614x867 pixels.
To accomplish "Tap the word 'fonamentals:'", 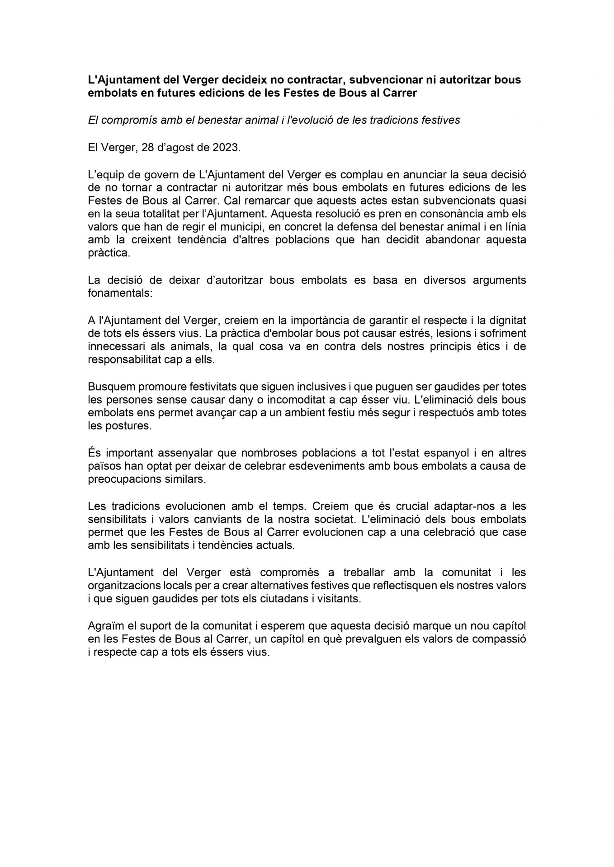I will click(121, 293).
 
